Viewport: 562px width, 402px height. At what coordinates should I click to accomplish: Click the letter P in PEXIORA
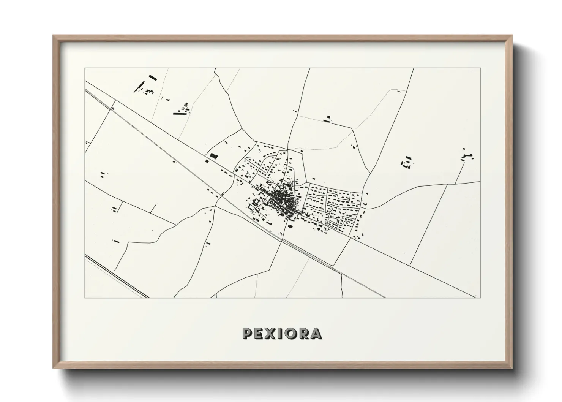pos(248,334)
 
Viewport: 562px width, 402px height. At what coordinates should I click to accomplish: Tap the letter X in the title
pos(272,334)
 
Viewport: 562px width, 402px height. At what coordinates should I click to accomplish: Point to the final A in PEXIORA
pos(316,334)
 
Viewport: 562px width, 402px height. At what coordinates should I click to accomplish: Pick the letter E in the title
pos(260,334)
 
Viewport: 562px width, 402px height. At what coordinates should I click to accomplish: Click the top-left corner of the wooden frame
pos(53,36)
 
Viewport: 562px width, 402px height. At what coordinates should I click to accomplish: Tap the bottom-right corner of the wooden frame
pos(512,369)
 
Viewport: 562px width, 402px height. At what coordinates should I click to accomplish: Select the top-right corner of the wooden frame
pos(512,36)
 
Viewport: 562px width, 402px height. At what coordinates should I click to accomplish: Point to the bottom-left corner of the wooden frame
pos(53,369)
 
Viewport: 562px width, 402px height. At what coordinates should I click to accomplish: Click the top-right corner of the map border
pos(481,68)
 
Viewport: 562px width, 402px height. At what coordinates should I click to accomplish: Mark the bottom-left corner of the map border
pos(85,298)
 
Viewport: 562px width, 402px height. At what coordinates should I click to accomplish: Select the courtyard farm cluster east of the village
pos(407,163)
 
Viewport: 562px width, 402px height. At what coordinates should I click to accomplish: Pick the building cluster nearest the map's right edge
pos(467,156)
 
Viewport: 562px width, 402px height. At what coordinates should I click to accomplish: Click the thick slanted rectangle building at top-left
pos(153,78)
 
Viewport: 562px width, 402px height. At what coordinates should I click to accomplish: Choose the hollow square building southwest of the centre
pos(256,201)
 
